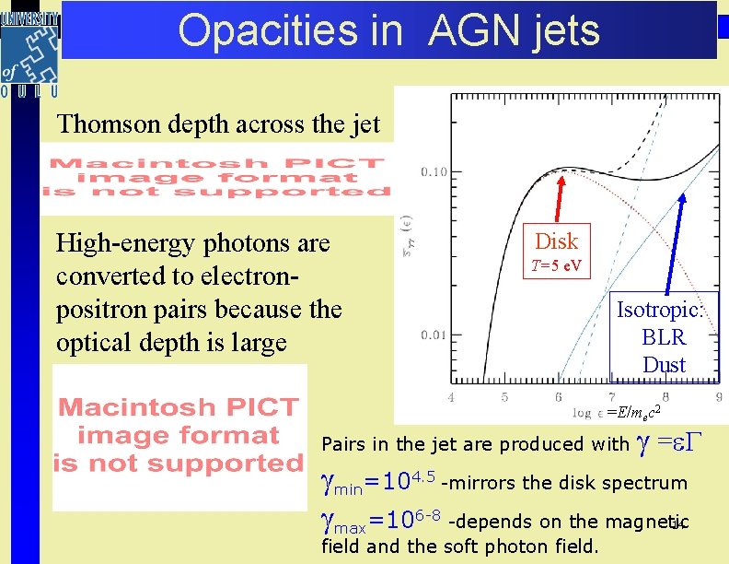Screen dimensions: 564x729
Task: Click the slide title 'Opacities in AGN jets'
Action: pos(388,29)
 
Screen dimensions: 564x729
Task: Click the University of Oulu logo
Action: pos(29,53)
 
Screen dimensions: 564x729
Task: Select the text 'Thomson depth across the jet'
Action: pos(218,123)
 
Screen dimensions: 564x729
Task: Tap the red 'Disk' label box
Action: pos(556,241)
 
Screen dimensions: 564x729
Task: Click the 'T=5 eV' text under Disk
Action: pos(556,267)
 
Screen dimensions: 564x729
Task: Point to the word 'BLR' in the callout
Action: pos(664,336)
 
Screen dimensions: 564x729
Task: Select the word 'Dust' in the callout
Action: pos(664,365)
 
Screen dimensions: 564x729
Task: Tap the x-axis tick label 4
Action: pos(451,397)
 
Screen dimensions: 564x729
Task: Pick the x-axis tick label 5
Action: pos(504,397)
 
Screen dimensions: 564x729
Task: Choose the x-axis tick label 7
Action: pos(612,397)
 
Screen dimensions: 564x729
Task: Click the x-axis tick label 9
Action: pos(718,397)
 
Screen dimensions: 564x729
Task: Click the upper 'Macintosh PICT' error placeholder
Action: pos(218,178)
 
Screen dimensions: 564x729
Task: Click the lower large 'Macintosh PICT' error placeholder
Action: pos(180,436)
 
